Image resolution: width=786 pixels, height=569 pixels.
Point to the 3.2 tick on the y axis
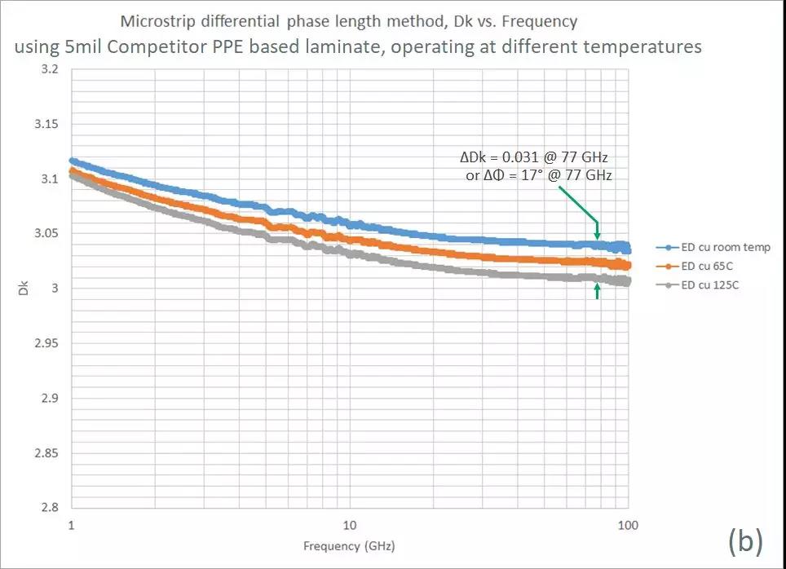(50, 70)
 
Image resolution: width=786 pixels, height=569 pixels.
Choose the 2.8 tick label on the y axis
(50, 507)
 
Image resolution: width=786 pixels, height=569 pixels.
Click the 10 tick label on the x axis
(349, 525)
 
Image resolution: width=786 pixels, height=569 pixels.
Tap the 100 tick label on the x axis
(626, 525)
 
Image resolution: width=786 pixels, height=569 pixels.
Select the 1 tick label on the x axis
(72, 525)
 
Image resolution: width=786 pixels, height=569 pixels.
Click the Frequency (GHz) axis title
(350, 545)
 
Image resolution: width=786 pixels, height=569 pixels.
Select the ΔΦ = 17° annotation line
(538, 175)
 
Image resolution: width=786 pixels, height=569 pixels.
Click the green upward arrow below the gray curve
(598, 290)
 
